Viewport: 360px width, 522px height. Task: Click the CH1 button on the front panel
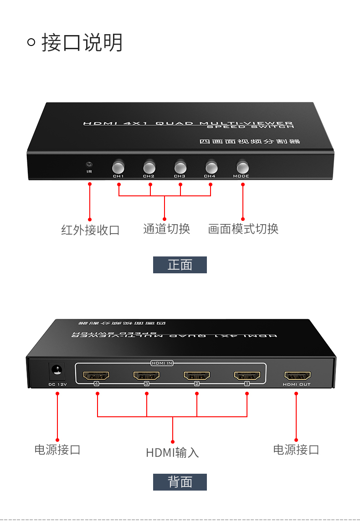click(118, 166)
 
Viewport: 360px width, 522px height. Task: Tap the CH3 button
click(180, 166)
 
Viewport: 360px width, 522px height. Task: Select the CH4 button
click(211, 166)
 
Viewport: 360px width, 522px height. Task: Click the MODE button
click(242, 166)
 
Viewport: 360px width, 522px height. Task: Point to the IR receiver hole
click(89, 164)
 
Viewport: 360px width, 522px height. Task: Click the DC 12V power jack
click(57, 371)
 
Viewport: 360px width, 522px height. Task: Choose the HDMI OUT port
click(297, 376)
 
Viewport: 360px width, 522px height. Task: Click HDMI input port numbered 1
click(247, 376)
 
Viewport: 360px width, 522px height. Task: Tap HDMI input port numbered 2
click(197, 376)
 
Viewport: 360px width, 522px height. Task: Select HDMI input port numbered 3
click(146, 376)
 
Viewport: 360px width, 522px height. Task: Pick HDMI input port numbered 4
click(96, 376)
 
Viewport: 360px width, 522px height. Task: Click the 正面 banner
click(180, 265)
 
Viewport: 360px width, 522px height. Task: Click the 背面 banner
click(180, 482)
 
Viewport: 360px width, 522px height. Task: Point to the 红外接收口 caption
click(90, 230)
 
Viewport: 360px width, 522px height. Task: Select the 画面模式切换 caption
click(243, 229)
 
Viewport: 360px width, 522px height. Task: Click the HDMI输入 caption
click(172, 453)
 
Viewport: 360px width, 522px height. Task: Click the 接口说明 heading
click(82, 43)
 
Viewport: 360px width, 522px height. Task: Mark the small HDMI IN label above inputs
click(162, 363)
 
